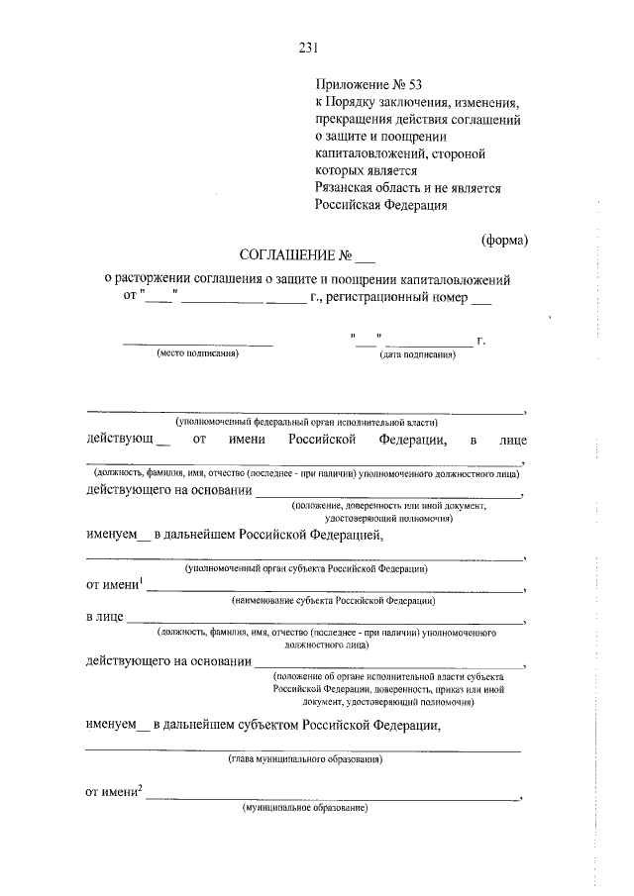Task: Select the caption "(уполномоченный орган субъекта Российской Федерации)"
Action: (306, 569)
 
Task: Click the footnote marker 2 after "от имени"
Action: (142, 788)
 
